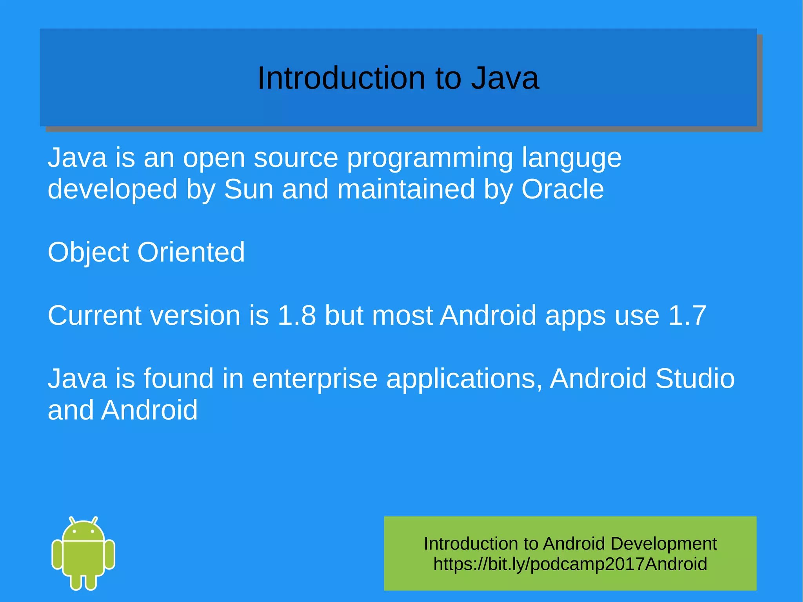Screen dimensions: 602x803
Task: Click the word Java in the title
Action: click(505, 78)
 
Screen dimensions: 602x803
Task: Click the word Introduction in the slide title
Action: click(341, 78)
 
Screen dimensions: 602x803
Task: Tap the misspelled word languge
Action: click(571, 158)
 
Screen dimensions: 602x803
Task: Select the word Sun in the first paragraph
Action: click(248, 189)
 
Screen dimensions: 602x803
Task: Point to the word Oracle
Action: click(562, 189)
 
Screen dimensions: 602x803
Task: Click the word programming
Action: click(430, 158)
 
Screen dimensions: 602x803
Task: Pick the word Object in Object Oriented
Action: click(88, 252)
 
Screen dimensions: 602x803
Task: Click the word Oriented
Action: click(191, 252)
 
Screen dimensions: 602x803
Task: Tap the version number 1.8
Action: click(296, 315)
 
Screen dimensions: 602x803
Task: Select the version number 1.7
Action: click(687, 315)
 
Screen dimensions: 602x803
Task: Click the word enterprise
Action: click(314, 379)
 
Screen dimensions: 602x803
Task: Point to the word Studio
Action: click(695, 379)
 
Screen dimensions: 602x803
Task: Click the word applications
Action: click(464, 379)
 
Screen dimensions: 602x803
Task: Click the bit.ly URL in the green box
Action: click(570, 564)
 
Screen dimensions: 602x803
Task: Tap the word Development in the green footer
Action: click(663, 544)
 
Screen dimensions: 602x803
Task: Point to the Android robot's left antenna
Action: click(72, 520)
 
